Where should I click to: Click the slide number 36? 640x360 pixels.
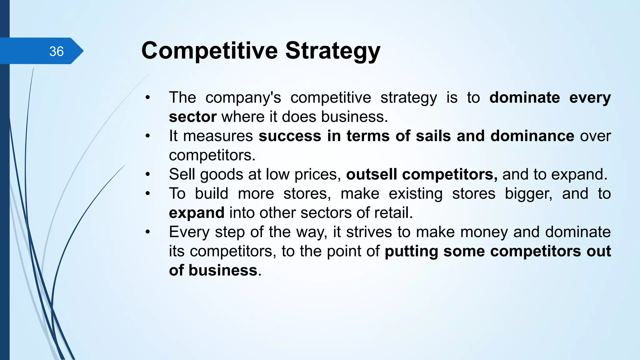tap(56, 51)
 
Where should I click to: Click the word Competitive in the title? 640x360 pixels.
tap(209, 51)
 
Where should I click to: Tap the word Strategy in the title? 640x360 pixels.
tap(333, 51)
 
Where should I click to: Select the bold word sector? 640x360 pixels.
tap(192, 117)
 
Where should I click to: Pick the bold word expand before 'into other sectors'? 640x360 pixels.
tap(197, 213)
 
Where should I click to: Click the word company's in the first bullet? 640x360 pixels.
tap(243, 98)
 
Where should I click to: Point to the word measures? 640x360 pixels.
tap(218, 136)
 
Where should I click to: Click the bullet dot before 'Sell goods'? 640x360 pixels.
tap(148, 174)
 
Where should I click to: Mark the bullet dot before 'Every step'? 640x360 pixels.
tap(148, 232)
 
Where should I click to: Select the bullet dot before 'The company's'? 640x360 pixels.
tap(148, 97)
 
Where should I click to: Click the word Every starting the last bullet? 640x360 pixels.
tap(189, 232)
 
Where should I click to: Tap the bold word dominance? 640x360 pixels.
tap(532, 136)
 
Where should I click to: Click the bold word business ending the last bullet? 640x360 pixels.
tap(223, 270)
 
